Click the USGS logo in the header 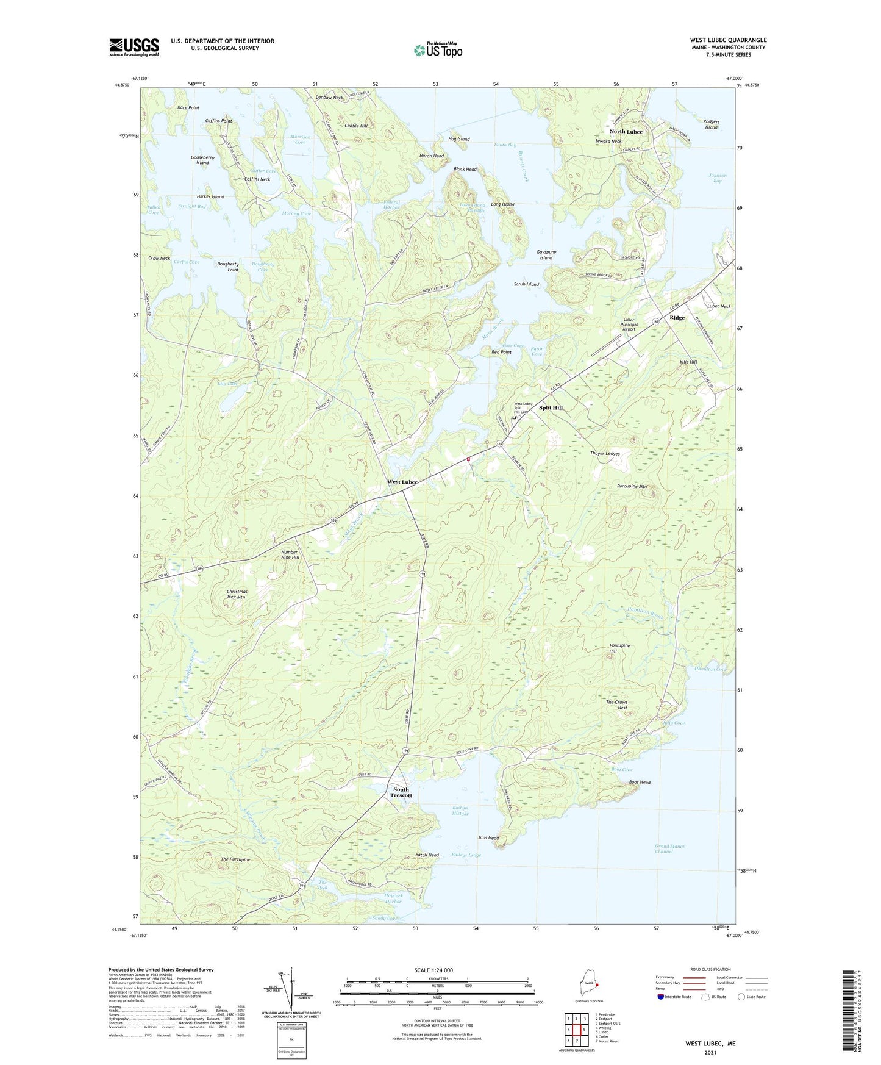[134, 47]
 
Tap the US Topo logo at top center [438, 49]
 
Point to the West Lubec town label [402, 482]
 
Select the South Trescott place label [401, 792]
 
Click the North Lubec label [626, 132]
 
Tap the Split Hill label [551, 407]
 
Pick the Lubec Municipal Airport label [629, 325]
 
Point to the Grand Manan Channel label [669, 848]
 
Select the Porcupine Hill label [619, 648]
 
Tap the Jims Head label [488, 838]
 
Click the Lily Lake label [227, 384]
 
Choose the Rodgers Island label [711, 124]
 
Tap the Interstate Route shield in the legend [661, 997]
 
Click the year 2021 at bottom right [710, 1052]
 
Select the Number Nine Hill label [290, 554]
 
